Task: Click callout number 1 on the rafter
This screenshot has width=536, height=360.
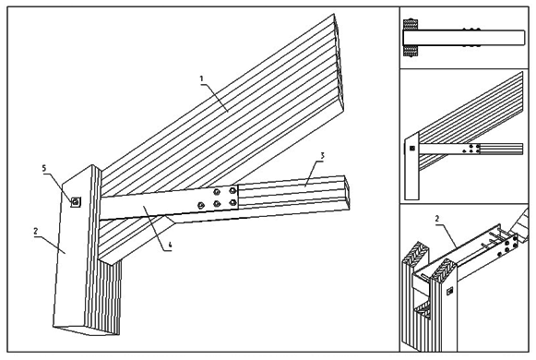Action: pyautogui.click(x=201, y=78)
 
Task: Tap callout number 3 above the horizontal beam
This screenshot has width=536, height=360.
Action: pyautogui.click(x=322, y=156)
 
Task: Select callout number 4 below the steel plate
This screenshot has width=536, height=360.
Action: pyautogui.click(x=170, y=245)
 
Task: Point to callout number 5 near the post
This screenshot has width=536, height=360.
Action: pyautogui.click(x=43, y=168)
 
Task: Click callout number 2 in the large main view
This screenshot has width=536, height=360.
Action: pyautogui.click(x=36, y=231)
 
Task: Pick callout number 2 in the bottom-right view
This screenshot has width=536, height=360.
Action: pyautogui.click(x=437, y=219)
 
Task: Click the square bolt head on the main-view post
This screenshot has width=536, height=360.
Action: pyautogui.click(x=76, y=202)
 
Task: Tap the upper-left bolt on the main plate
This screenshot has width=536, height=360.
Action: pyautogui.click(x=216, y=192)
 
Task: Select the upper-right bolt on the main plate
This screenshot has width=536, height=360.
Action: pyautogui.click(x=232, y=190)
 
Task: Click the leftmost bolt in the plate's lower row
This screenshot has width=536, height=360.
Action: pyautogui.click(x=201, y=206)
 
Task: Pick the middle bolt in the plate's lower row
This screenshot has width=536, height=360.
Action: pyautogui.click(x=217, y=204)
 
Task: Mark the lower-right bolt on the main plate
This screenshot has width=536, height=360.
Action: pyautogui.click(x=232, y=203)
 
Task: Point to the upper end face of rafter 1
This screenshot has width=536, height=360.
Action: pyautogui.click(x=339, y=64)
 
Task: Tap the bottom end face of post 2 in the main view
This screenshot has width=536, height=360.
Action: pyautogui.click(x=87, y=330)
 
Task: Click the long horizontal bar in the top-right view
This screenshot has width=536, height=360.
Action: pyautogui.click(x=464, y=38)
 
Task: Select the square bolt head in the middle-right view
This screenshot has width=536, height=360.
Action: pyautogui.click(x=412, y=149)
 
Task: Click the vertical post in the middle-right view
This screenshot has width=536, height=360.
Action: pyautogui.click(x=411, y=166)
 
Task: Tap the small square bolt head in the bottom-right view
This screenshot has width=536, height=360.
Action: pyautogui.click(x=450, y=291)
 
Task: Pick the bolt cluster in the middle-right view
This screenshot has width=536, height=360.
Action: pyautogui.click(x=471, y=149)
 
